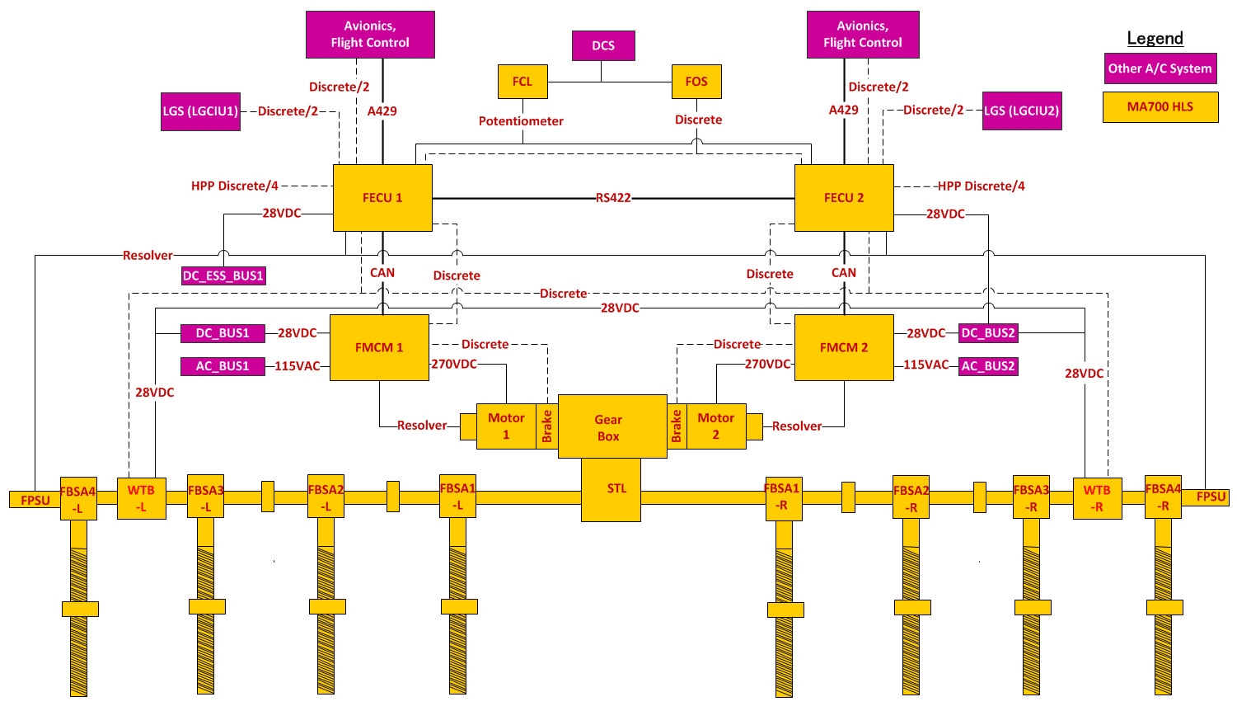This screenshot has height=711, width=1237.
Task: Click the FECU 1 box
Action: tap(382, 198)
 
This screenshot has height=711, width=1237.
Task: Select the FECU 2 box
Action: tap(844, 198)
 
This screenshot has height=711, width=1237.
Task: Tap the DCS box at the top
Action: tap(603, 46)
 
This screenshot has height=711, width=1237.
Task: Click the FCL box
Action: tap(522, 82)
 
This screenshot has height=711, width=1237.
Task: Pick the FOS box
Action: tap(696, 82)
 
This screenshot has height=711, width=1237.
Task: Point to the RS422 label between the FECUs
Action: tap(613, 198)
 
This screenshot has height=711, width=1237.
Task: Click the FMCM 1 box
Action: tap(379, 347)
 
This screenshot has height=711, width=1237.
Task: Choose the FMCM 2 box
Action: tap(844, 347)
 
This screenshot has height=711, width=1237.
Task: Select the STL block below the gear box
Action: tap(611, 490)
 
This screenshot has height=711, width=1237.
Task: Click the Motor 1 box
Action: tap(506, 426)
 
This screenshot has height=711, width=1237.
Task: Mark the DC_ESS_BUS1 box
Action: tap(223, 275)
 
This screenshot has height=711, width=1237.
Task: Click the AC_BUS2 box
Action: tap(988, 366)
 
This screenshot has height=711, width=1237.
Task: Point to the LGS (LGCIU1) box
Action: tap(200, 111)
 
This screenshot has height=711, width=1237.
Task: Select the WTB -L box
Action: tap(141, 498)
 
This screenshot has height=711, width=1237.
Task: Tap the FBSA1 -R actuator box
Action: tap(783, 497)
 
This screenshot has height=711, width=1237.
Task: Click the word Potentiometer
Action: tap(521, 121)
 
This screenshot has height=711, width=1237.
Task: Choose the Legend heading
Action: tap(1155, 39)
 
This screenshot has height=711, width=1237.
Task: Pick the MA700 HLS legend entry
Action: tap(1160, 107)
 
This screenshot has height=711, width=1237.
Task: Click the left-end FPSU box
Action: tap(35, 500)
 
